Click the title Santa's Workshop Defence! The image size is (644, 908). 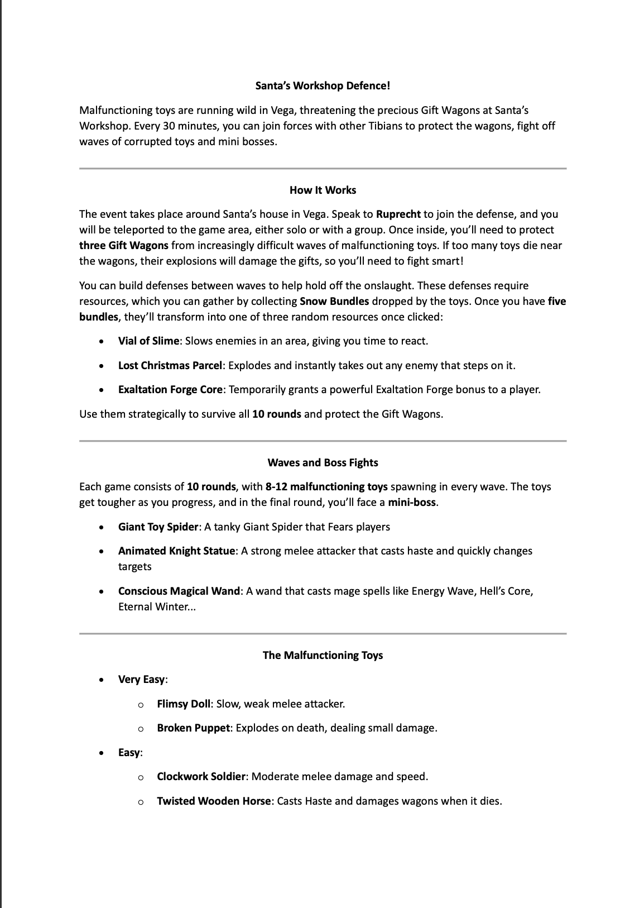[x=323, y=86]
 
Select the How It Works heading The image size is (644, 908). [x=323, y=190]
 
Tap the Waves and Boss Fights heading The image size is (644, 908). [x=323, y=463]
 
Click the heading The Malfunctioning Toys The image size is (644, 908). [x=323, y=656]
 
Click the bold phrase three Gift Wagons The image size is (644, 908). [x=123, y=246]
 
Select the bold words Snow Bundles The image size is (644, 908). [x=334, y=302]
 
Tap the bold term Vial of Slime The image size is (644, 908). [x=148, y=341]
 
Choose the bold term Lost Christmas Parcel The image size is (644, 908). [x=170, y=366]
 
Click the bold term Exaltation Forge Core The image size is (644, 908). [x=170, y=390]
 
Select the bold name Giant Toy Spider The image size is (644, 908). [x=158, y=527]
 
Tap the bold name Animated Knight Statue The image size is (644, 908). [x=176, y=551]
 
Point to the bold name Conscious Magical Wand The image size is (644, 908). [x=179, y=591]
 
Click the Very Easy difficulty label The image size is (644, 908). [x=142, y=680]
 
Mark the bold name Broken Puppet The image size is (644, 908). [x=193, y=728]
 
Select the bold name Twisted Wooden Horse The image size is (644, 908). [x=214, y=801]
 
